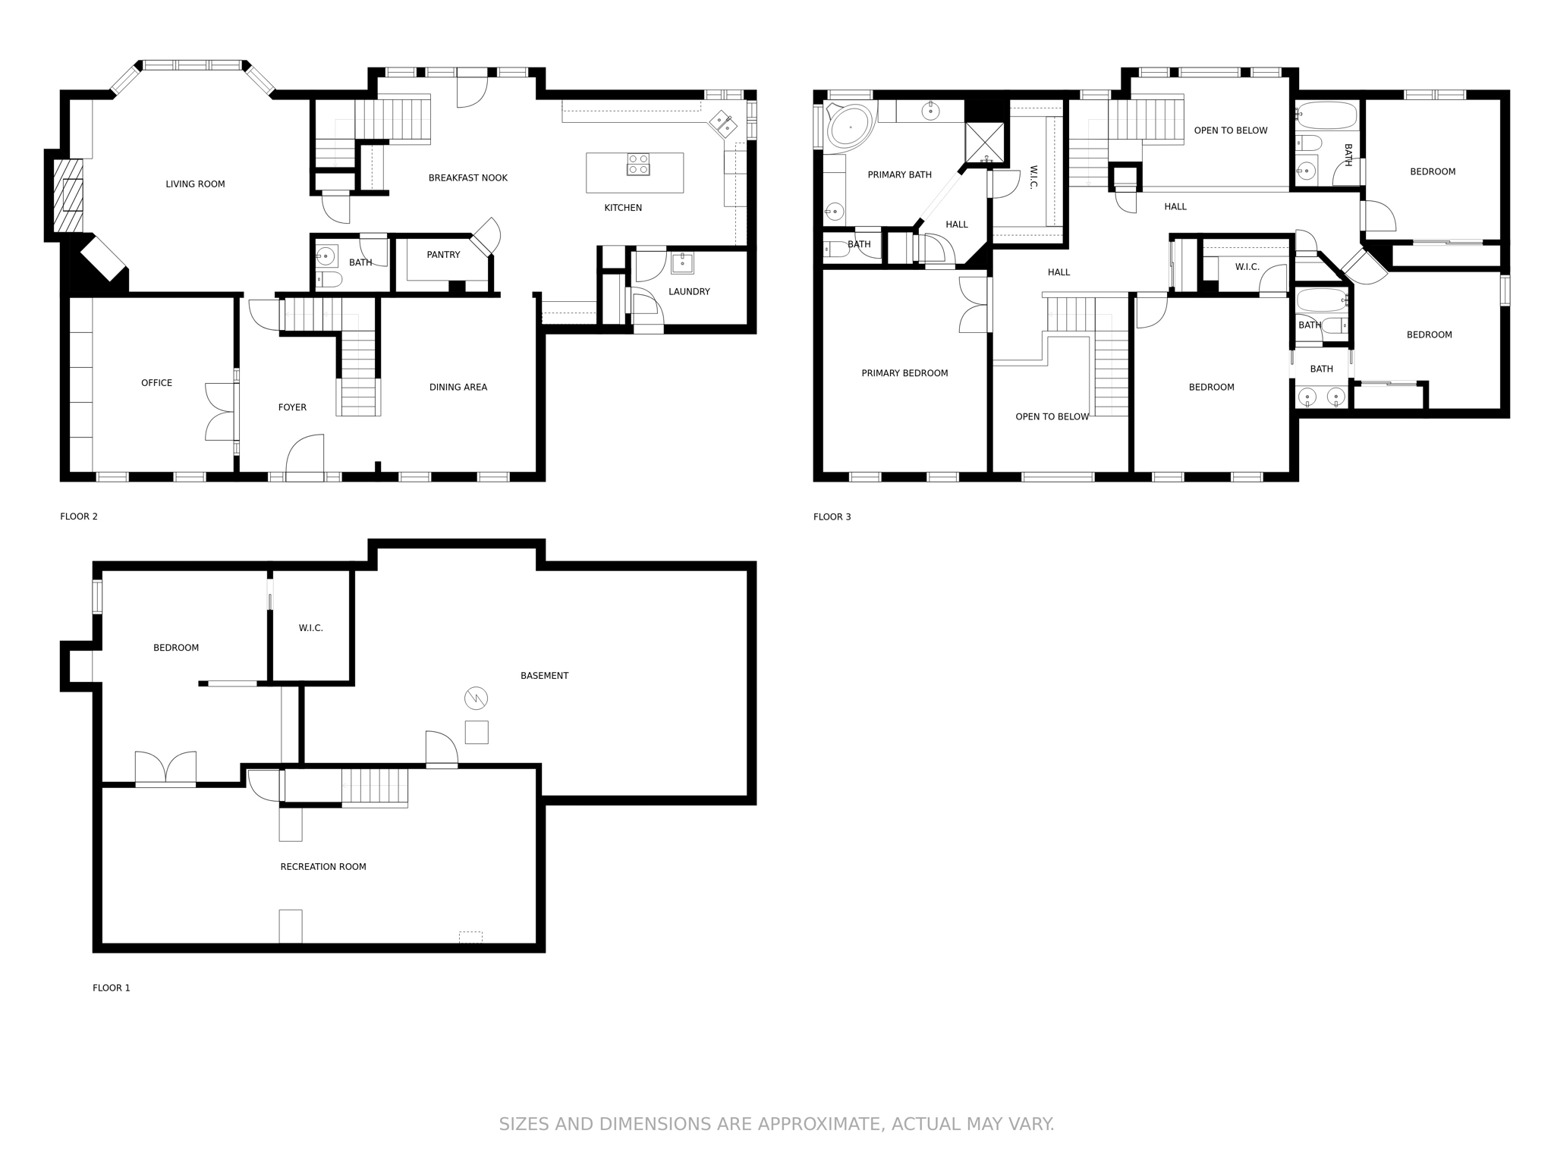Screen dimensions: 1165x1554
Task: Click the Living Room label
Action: click(x=195, y=184)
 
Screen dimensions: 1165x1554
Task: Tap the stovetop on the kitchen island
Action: click(x=638, y=165)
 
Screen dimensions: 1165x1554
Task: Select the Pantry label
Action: click(x=443, y=255)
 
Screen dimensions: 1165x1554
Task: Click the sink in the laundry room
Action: click(x=682, y=262)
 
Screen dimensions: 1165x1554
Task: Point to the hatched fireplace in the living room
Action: click(x=68, y=195)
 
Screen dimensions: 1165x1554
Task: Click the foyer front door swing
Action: click(x=304, y=455)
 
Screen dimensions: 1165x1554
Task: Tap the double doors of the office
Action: click(x=221, y=412)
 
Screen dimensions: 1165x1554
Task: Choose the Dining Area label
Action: click(x=458, y=387)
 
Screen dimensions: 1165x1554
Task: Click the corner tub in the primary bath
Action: click(x=850, y=126)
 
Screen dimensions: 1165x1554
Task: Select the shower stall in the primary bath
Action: click(x=985, y=143)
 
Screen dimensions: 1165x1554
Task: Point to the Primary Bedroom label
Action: click(x=904, y=373)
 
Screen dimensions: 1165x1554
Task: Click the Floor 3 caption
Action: click(x=832, y=517)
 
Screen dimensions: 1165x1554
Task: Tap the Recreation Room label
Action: click(x=323, y=866)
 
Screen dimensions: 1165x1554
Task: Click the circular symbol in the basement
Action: click(x=476, y=698)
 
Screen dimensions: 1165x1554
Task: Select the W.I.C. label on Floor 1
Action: click(x=310, y=628)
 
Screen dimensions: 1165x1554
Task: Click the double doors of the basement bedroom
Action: click(x=165, y=768)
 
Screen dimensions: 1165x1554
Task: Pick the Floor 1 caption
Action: click(x=112, y=988)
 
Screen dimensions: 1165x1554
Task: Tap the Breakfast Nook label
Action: click(x=467, y=177)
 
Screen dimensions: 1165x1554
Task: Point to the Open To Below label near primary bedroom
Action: click(x=1052, y=416)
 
